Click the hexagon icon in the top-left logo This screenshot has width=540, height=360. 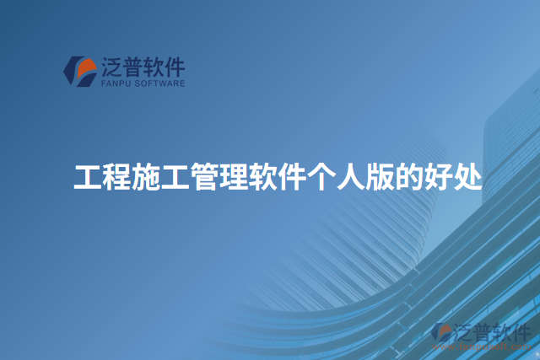click(x=80, y=71)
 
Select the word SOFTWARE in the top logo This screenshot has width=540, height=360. click(x=160, y=83)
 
